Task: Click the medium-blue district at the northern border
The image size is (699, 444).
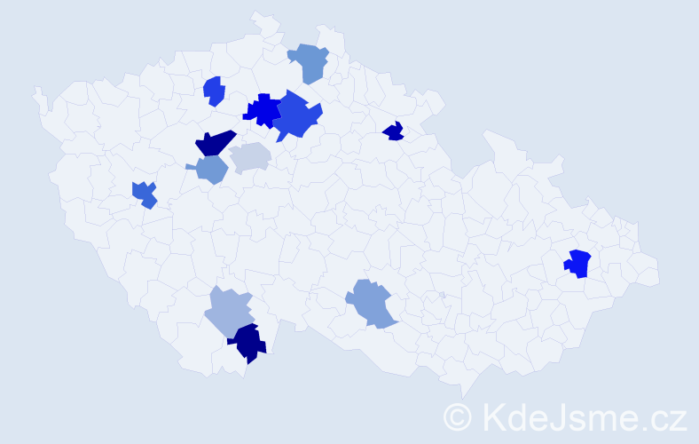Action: point(309,62)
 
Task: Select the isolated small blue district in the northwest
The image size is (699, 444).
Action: point(213,91)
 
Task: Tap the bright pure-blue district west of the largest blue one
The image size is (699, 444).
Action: point(263,110)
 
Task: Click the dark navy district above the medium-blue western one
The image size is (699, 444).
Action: point(214,142)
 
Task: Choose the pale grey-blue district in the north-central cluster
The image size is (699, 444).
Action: point(250,157)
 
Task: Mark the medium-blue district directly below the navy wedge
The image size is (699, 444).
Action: point(211,169)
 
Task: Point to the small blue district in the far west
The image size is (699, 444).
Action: point(145,194)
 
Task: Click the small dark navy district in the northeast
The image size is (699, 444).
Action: point(393,132)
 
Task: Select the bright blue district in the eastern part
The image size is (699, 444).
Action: point(578,264)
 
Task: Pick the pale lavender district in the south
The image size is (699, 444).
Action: point(229,311)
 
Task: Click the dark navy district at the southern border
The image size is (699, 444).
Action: point(248,344)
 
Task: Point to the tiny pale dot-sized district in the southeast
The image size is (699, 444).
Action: point(442,295)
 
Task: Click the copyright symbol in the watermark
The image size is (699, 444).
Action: point(458,416)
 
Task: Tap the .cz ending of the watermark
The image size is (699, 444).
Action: point(664,416)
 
